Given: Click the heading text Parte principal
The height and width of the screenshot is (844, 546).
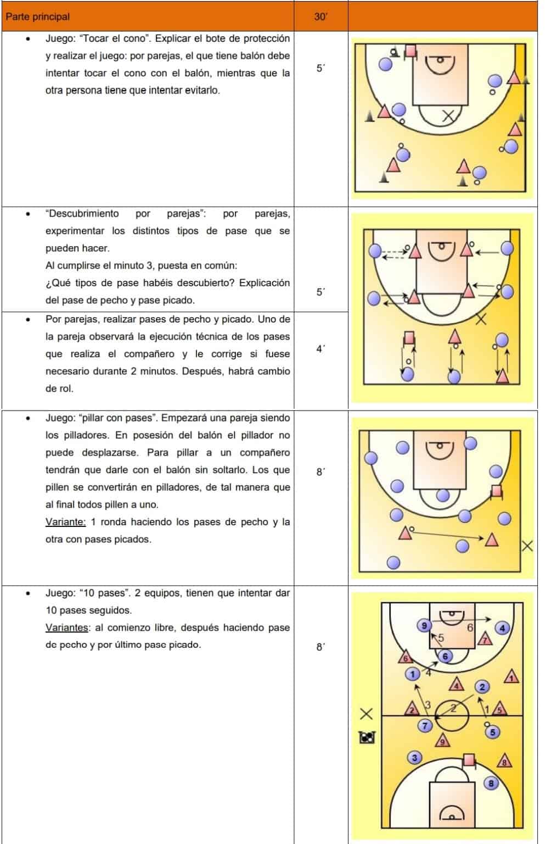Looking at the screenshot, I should click(37, 16).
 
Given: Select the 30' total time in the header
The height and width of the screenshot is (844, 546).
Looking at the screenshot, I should click(320, 16).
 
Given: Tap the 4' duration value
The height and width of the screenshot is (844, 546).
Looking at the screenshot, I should click(320, 348).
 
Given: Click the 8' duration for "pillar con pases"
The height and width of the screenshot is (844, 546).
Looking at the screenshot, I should click(320, 471).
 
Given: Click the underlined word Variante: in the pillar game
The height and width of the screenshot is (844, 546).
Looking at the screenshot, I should click(65, 522).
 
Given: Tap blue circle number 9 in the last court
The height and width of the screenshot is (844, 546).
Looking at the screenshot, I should click(423, 625).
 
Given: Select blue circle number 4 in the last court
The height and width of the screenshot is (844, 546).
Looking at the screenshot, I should click(502, 628).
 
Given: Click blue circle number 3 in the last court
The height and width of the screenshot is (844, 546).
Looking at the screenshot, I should click(414, 758).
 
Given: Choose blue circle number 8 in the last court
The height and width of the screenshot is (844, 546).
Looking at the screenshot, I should click(491, 783).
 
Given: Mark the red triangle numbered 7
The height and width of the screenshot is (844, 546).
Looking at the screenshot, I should click(485, 639).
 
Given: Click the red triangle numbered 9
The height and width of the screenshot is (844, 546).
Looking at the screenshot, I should click(442, 742).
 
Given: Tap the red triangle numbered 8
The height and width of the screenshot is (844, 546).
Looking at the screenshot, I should click(504, 761).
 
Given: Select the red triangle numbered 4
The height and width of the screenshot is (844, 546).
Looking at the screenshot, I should click(457, 685).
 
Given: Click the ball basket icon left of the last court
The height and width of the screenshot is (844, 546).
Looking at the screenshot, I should click(367, 737).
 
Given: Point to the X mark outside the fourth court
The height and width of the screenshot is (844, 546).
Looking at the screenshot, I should click(527, 546).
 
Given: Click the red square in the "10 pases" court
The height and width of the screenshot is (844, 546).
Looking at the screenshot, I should click(468, 759).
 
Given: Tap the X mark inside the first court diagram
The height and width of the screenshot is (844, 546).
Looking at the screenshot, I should click(449, 115).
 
